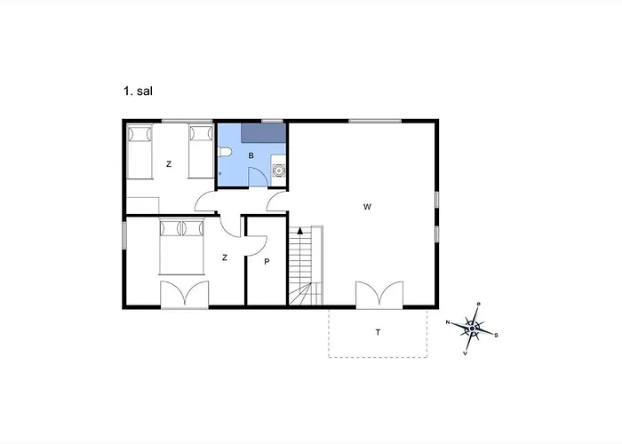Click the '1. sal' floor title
click(138, 91)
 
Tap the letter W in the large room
click(367, 207)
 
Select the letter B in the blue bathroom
click(251, 155)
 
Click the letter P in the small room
click(267, 262)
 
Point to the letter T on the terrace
click(378, 332)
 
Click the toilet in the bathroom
click(225, 152)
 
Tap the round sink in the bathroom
click(279, 170)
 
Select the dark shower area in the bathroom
click(263, 133)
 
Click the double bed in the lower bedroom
click(181, 247)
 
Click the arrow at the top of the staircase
click(300, 231)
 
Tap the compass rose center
click(472, 329)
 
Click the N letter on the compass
click(448, 322)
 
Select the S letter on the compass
click(496, 336)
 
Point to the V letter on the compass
click(466, 353)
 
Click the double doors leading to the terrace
click(379, 295)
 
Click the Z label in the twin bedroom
click(169, 164)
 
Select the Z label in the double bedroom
click(225, 258)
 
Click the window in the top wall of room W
click(375, 121)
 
